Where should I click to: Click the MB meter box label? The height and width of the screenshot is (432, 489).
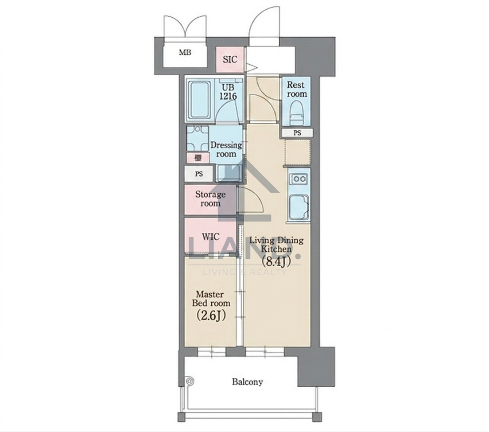coord(185,52)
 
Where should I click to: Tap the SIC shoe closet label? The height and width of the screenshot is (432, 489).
coord(230,59)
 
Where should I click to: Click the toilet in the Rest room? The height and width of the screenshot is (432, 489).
coord(297,114)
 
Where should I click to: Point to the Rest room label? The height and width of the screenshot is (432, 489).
coord(297,89)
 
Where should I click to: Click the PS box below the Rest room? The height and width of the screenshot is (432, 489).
coord(297,133)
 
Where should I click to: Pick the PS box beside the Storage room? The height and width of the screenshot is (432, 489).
coord(198,174)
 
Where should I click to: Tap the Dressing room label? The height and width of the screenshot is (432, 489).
coord(226,149)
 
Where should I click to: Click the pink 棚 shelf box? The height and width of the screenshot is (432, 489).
coord(198,158)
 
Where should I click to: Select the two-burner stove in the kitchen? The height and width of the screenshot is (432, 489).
coord(299,179)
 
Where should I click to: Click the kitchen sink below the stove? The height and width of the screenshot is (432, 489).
coord(299,207)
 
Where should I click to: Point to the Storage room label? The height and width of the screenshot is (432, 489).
coord(210,199)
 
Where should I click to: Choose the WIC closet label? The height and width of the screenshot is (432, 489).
coord(210,237)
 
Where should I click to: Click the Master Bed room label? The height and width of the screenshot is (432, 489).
coord(211,299)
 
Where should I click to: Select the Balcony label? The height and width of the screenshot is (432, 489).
coord(247,382)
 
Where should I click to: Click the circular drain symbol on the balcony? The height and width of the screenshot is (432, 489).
coord(189,381)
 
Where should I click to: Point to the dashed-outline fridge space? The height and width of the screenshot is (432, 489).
coord(298,152)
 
